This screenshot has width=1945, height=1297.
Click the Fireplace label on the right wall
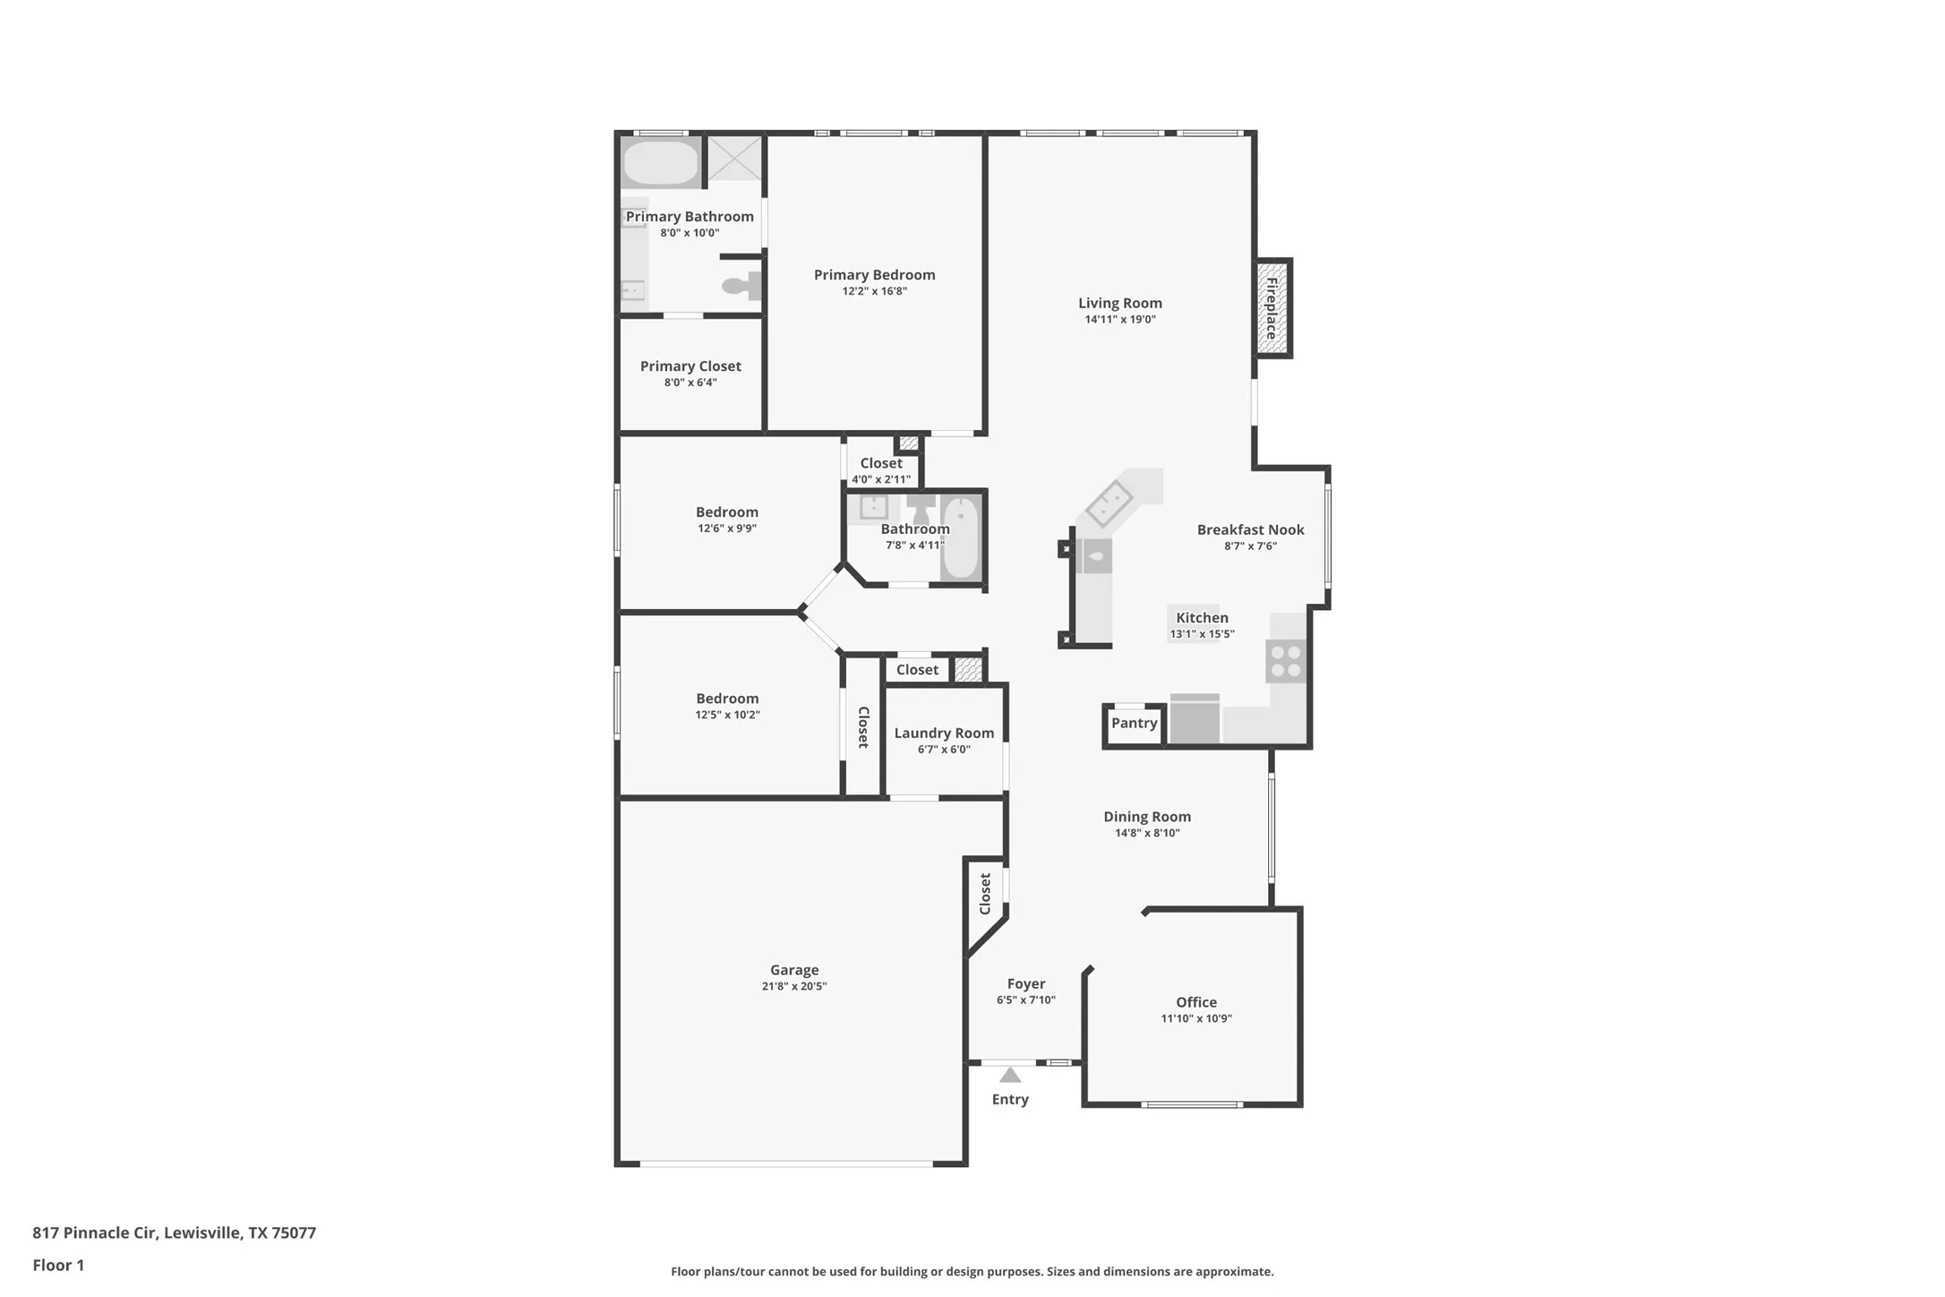pyautogui.click(x=1271, y=308)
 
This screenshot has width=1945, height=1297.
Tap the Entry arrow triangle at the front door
pyautogui.click(x=1010, y=1075)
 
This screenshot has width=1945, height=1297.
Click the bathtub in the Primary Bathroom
pyautogui.click(x=661, y=163)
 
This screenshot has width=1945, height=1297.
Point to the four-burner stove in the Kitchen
pyautogui.click(x=1287, y=662)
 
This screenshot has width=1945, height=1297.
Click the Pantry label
pyautogui.click(x=1134, y=723)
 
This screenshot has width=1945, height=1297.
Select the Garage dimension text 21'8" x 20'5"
pyautogui.click(x=794, y=986)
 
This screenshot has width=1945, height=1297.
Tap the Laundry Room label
pyautogui.click(x=944, y=733)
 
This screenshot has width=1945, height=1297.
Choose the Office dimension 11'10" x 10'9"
pyautogui.click(x=1196, y=1018)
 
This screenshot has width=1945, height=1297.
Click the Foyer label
pyautogui.click(x=1026, y=983)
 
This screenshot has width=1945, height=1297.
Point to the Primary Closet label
pyautogui.click(x=690, y=365)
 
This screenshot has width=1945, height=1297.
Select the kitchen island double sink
pyautogui.click(x=1109, y=502)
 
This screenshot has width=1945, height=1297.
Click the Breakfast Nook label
pyautogui.click(x=1250, y=529)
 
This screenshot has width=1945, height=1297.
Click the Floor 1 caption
pyautogui.click(x=58, y=1265)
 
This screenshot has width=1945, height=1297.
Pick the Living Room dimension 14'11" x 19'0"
pyautogui.click(x=1120, y=320)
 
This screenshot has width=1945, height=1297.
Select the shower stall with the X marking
pyautogui.click(x=735, y=158)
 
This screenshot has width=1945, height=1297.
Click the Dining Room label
pyautogui.click(x=1147, y=816)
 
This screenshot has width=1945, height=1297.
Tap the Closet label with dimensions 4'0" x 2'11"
pyautogui.click(x=881, y=463)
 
